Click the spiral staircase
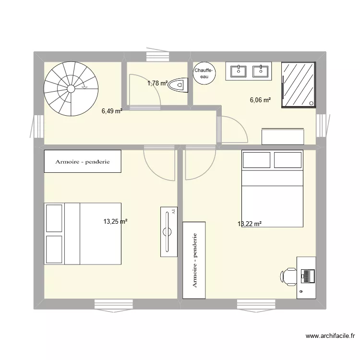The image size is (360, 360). click(71, 88)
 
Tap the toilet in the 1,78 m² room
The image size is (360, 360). click(179, 84)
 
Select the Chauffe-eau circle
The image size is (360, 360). click(204, 73)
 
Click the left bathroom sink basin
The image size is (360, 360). click(239, 71)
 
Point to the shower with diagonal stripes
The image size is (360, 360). click(299, 84)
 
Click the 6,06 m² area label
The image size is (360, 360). click(260, 100)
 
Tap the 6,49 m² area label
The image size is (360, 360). click(111, 111)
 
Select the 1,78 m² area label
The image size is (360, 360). click(157, 84)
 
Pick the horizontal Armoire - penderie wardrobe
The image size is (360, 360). click(83, 162)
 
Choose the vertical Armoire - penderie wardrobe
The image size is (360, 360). click(194, 260)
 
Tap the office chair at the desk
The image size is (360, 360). click(289, 276)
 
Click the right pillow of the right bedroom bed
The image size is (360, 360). click(287, 160)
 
